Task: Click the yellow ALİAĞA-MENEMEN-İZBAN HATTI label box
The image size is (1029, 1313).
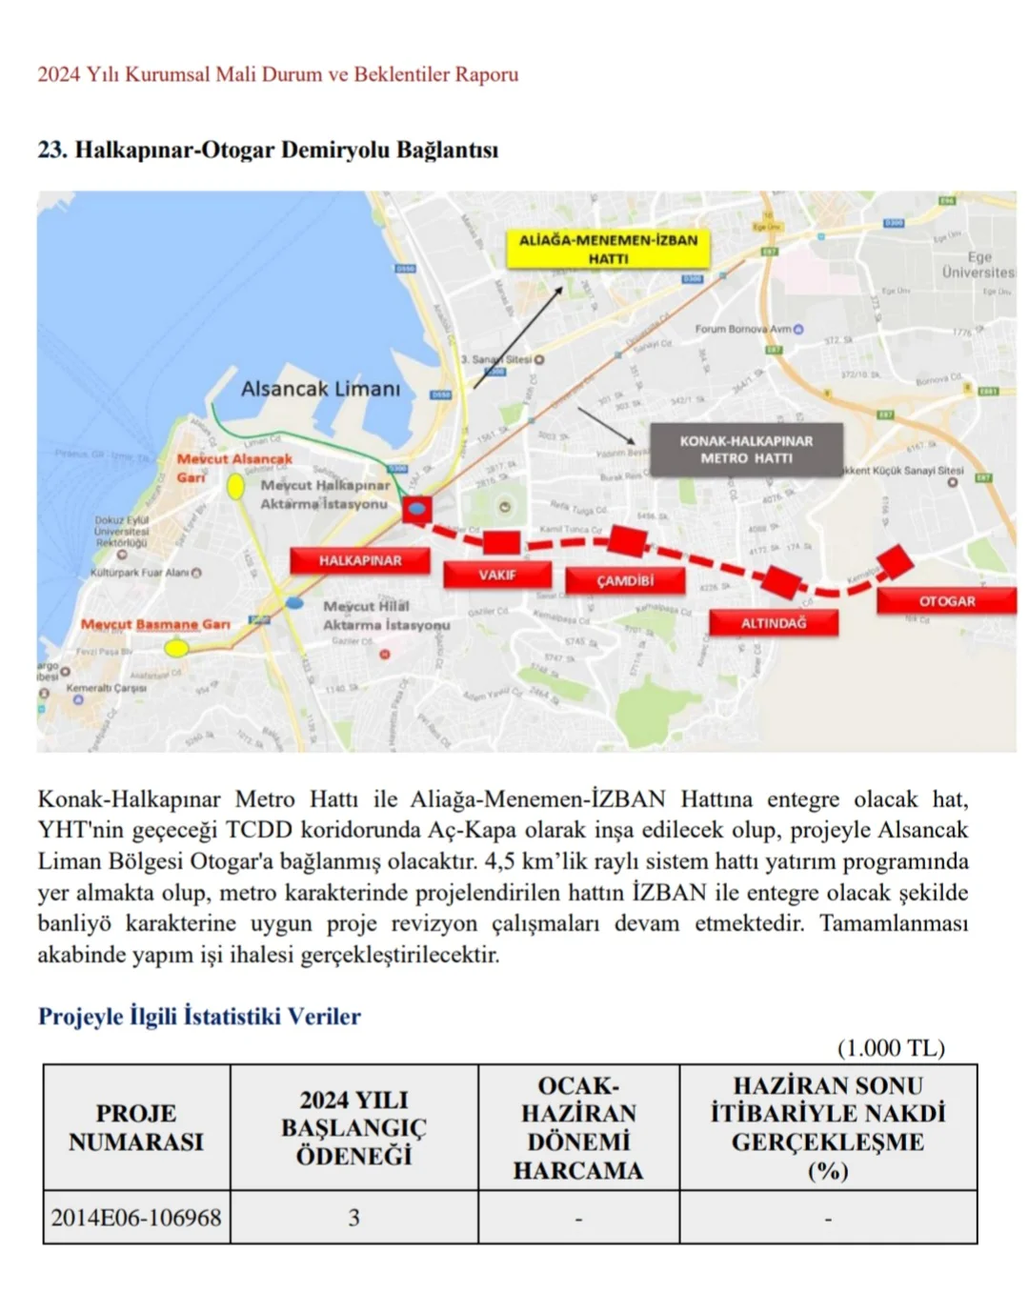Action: point(608,249)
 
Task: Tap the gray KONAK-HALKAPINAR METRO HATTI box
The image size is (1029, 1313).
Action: point(746,450)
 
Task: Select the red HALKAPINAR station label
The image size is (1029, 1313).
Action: point(360,560)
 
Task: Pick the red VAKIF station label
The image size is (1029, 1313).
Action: point(496,575)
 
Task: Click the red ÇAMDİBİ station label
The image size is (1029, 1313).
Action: point(625,580)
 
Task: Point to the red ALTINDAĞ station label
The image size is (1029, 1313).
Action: point(773,622)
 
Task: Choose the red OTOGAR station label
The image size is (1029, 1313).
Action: point(946,601)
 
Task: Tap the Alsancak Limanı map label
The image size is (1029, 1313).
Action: point(320,389)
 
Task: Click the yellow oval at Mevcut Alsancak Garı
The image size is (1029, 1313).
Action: point(235,487)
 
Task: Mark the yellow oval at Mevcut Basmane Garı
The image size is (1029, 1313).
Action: point(176,648)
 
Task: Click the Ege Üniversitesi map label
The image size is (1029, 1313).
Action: point(979,265)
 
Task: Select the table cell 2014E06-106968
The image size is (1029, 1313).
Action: point(136,1217)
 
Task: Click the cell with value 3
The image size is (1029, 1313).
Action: point(353,1217)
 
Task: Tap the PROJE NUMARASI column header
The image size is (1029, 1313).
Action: point(136,1127)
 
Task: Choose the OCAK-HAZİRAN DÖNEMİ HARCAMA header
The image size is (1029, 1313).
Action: point(578,1127)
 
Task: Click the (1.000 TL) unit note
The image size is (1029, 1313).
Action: point(891,1048)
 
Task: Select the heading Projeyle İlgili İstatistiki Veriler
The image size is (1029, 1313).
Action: point(199,1016)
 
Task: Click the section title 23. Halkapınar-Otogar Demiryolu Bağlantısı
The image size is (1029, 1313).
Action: point(268,150)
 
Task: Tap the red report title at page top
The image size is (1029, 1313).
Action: point(278,74)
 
